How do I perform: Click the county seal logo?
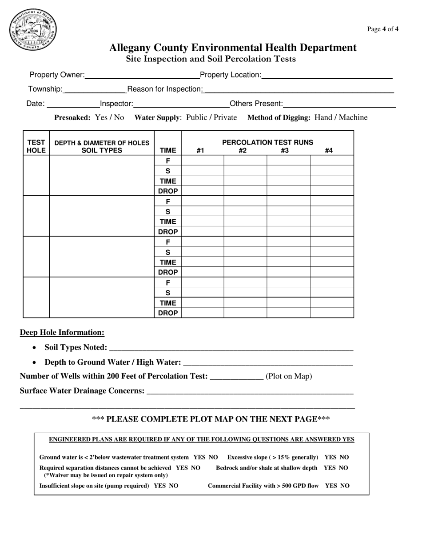(x=33, y=30)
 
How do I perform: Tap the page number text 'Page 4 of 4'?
(x=382, y=29)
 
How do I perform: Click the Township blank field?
(x=95, y=90)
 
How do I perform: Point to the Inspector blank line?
(x=181, y=105)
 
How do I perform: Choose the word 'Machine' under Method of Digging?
(x=353, y=117)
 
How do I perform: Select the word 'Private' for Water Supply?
(x=224, y=117)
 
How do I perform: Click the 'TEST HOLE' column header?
(x=36, y=146)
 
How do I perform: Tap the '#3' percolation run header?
(x=285, y=151)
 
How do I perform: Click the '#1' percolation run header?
(x=200, y=151)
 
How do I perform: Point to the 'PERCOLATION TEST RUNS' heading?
(x=267, y=142)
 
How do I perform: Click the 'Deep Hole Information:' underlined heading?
(x=62, y=333)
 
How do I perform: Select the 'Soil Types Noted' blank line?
(x=231, y=348)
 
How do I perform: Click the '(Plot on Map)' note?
(x=289, y=376)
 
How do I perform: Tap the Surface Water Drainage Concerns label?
(x=82, y=390)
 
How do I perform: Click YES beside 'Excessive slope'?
(x=330, y=457)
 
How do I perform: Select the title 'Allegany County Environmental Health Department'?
(x=233, y=48)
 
